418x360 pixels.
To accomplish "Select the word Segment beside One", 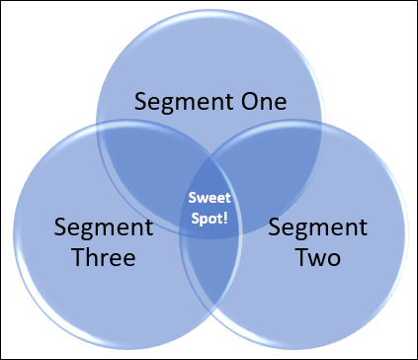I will click(x=182, y=103).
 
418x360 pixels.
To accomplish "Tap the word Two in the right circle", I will click(x=318, y=259).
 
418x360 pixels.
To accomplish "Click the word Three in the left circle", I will click(x=96, y=259).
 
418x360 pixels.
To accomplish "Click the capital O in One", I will click(x=243, y=102).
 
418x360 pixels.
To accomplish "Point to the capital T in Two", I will click(x=300, y=259).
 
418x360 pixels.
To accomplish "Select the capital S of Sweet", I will click(x=192, y=198).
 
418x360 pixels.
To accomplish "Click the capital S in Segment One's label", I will click(x=140, y=103).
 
